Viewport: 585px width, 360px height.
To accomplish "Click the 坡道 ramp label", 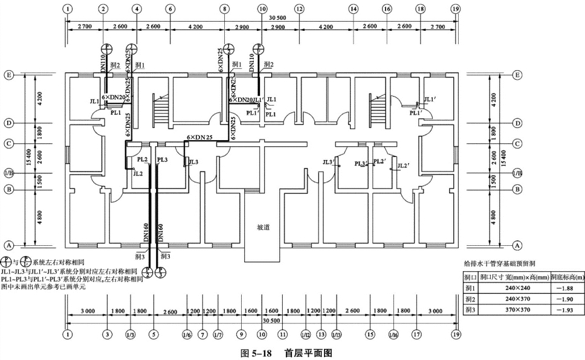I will (263, 228).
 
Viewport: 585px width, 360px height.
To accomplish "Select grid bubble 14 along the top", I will (353, 9).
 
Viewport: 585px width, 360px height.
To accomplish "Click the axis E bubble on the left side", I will (9, 76).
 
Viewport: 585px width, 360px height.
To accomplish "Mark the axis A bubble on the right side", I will (517, 245).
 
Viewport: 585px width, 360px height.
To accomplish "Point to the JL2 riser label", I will (138, 173).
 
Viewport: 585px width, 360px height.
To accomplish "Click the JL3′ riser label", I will (328, 161).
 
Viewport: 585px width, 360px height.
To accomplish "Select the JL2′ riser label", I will (403, 165).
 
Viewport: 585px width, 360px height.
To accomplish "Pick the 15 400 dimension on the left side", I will (27, 159).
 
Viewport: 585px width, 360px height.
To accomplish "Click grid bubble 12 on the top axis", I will (299, 9).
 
